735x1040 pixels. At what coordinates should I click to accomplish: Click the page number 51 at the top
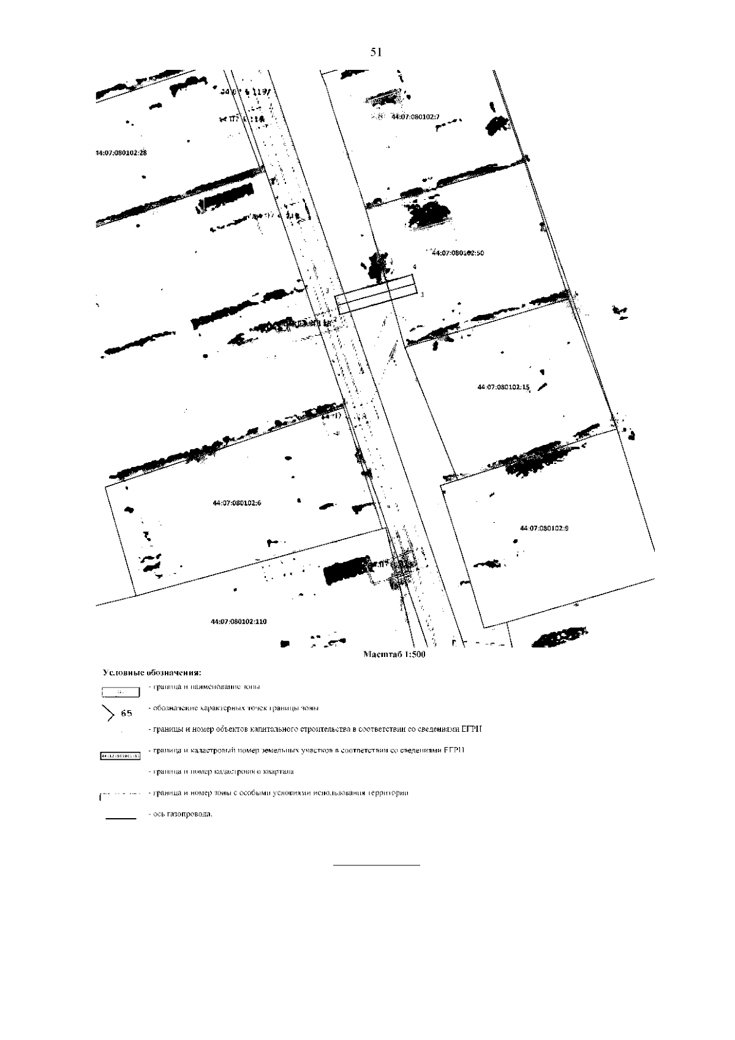376,53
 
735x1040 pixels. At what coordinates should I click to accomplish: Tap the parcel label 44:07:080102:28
121,153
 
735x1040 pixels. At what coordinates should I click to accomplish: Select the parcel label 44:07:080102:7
416,116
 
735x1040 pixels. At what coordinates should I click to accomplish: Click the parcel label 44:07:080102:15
503,387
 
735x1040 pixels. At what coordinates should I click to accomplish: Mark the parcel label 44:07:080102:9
544,528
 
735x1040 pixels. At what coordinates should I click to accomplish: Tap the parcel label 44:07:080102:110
239,621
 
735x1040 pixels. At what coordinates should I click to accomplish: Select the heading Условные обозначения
152,673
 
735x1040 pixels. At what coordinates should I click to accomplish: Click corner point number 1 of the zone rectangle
422,295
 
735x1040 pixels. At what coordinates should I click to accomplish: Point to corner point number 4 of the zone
415,267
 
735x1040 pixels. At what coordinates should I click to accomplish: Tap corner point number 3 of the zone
328,290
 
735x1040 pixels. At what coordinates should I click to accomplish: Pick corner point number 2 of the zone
335,319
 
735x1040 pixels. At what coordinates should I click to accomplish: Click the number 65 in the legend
127,713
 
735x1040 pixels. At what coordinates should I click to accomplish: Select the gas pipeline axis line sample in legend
121,818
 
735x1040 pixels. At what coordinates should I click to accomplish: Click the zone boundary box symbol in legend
121,693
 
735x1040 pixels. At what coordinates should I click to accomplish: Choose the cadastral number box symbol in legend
120,756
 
